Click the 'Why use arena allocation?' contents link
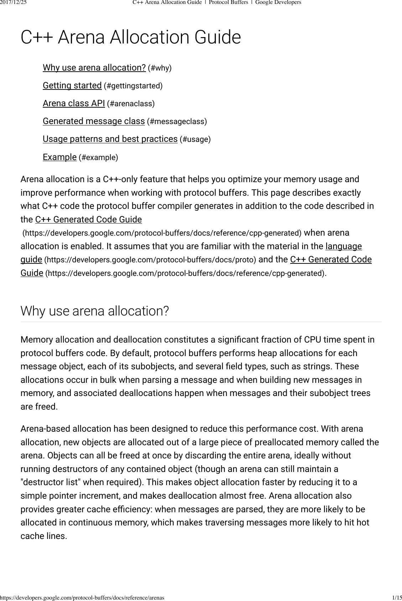[94, 68]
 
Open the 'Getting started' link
[72, 86]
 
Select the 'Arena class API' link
[74, 103]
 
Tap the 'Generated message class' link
[94, 121]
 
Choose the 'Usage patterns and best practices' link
[110, 139]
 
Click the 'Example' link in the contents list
[59, 157]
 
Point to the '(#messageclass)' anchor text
[177, 122]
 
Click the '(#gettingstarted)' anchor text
[133, 86]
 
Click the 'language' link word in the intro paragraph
[344, 246]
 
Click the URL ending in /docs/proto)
[150, 260]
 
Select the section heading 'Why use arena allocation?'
[94, 311]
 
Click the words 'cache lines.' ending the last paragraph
[44, 536]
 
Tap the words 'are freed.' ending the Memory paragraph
[39, 407]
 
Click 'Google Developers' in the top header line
[278, 2]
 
